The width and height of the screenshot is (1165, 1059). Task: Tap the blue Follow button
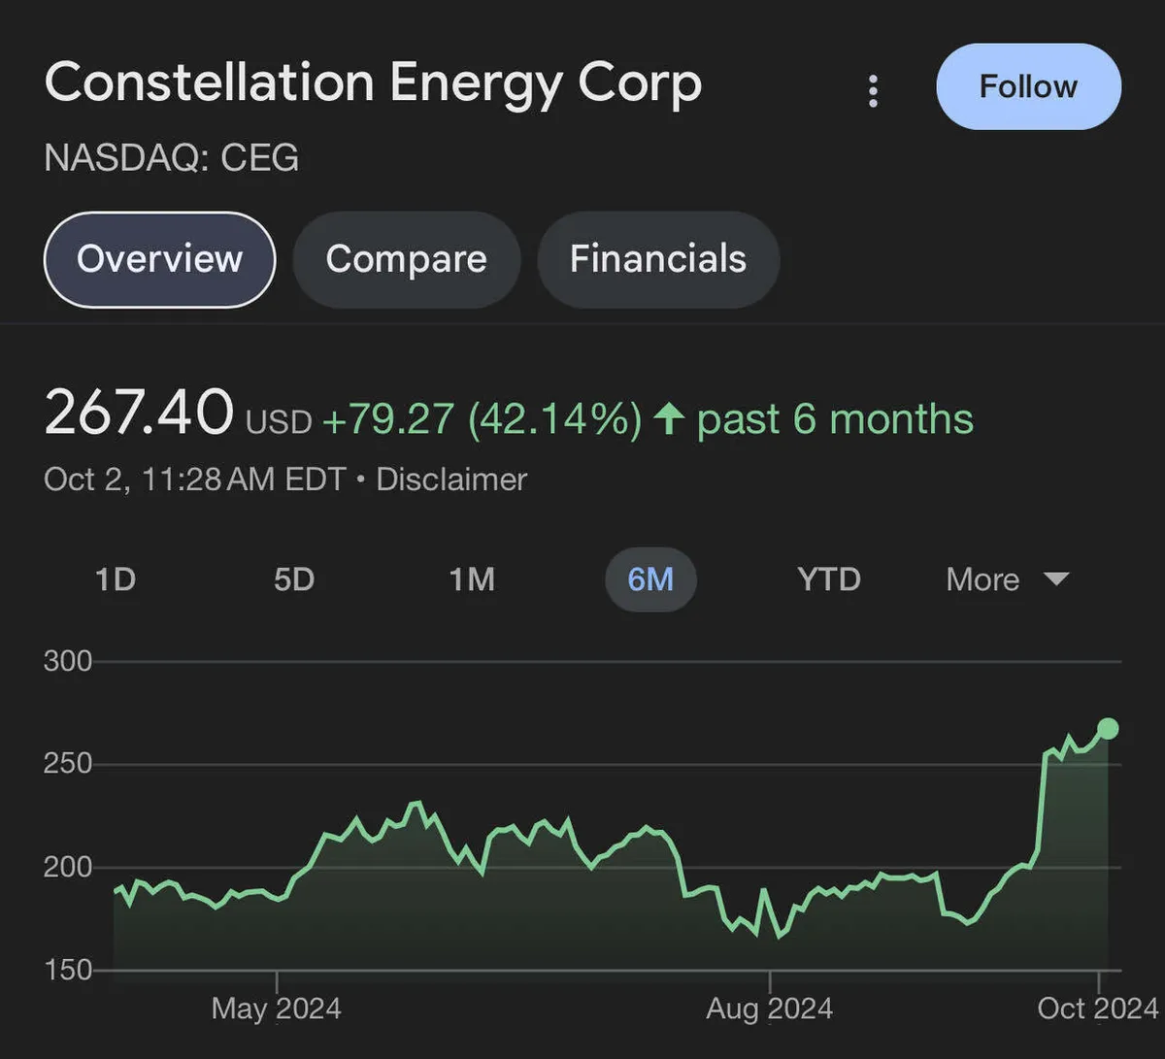click(x=1028, y=86)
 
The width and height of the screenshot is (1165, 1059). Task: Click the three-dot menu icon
click(x=873, y=91)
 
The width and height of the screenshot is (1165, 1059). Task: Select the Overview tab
click(x=160, y=259)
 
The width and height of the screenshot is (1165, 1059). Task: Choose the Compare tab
click(x=406, y=259)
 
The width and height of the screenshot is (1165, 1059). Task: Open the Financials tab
click(x=657, y=259)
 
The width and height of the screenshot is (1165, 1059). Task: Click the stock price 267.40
click(x=139, y=413)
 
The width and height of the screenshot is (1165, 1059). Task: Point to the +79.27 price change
click(x=387, y=419)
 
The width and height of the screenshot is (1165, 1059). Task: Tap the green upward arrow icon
click(x=669, y=419)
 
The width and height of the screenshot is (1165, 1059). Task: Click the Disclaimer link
click(x=451, y=480)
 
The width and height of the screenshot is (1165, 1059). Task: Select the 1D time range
click(x=116, y=579)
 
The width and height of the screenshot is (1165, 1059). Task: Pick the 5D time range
click(x=293, y=579)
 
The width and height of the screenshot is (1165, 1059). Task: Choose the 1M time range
click(x=472, y=579)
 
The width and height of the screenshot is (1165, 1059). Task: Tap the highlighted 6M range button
click(x=650, y=579)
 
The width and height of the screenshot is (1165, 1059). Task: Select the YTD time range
click(x=829, y=579)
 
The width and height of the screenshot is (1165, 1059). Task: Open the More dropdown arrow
click(x=1055, y=579)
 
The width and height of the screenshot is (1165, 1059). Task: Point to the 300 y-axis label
click(x=68, y=661)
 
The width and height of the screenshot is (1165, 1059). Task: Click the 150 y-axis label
click(x=68, y=969)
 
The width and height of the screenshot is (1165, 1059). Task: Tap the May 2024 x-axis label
click(x=277, y=1009)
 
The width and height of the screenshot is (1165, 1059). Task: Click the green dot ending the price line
click(x=1108, y=729)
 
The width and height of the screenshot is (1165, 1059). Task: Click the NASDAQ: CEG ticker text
click(x=172, y=157)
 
